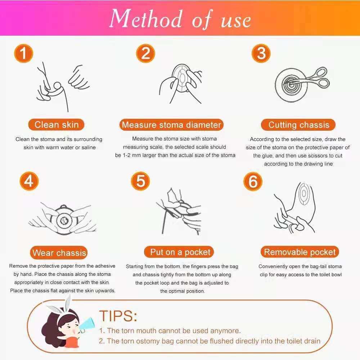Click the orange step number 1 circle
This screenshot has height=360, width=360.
coord(24,53)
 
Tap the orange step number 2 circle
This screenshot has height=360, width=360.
coord(145,53)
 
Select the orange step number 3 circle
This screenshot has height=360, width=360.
coord(261,53)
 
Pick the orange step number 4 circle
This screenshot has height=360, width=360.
coord(29,181)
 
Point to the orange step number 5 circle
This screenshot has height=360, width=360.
coord(140,181)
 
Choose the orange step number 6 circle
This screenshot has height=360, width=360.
coord(253,181)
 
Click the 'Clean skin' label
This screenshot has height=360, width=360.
coord(57,125)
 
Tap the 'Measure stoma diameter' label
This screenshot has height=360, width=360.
coord(171,125)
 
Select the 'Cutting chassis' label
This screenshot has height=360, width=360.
coord(298,125)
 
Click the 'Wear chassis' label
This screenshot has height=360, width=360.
coord(59,253)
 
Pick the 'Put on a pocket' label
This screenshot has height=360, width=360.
coord(179,252)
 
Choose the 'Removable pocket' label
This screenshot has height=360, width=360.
coord(300,252)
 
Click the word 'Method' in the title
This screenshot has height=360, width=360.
coord(146,19)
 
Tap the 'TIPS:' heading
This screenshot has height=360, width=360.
coord(118,316)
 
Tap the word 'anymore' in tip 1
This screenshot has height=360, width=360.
coord(225,331)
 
